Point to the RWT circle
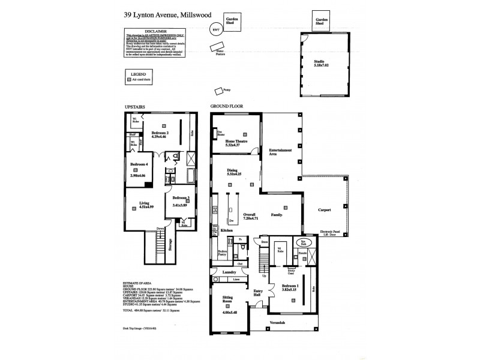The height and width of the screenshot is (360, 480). coord(215,29)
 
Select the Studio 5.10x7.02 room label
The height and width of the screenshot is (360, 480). coord(321,63)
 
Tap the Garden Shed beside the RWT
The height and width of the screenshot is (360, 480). coord(232,22)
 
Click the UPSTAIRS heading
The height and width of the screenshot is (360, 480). coord(135,107)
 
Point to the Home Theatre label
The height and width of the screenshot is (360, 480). coord(236,142)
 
